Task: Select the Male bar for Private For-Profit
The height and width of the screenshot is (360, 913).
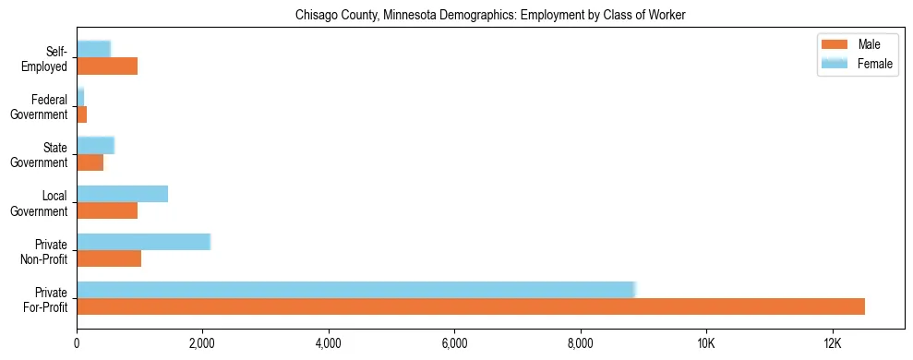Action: pos(471,306)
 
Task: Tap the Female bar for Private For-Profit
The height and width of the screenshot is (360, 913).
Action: pos(356,290)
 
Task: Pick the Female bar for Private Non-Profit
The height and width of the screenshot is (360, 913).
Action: pos(144,242)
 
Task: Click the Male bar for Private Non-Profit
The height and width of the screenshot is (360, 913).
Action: pos(109,258)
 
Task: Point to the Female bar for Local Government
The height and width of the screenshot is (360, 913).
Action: pos(123,194)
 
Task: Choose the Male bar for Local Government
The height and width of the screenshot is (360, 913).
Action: pos(107,210)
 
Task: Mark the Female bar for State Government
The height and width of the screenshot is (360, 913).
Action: pos(95,145)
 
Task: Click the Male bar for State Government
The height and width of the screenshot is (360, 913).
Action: pos(90,162)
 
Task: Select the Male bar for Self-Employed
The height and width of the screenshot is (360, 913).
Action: pos(107,66)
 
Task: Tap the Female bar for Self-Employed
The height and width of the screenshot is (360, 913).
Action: pos(93,49)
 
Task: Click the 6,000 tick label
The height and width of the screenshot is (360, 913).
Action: pos(454,342)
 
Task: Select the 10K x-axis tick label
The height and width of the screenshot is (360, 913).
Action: pos(706,342)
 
